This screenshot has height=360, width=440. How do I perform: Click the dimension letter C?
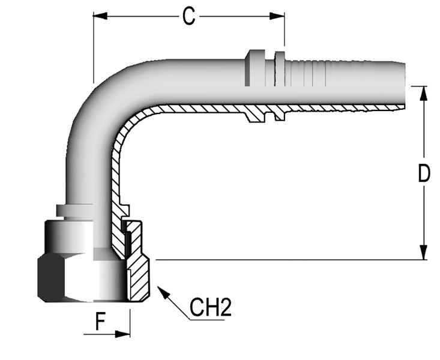click(x=188, y=16)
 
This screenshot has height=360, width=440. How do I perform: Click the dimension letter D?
click(x=424, y=173)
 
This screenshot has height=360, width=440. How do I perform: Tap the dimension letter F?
click(x=100, y=321)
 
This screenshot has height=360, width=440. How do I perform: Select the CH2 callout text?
click(x=211, y=308)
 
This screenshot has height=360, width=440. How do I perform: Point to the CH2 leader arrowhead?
click(x=164, y=292)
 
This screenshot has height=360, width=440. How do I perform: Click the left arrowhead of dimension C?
click(x=100, y=16)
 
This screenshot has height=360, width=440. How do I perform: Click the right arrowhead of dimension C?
click(x=277, y=16)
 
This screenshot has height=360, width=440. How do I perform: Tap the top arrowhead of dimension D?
click(x=424, y=93)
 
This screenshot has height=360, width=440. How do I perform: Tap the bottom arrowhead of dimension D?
click(x=424, y=253)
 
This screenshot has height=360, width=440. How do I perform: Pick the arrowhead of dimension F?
click(x=122, y=334)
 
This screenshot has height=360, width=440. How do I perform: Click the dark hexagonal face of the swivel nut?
click(x=51, y=277)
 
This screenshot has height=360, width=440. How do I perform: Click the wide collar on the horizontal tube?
click(x=255, y=68)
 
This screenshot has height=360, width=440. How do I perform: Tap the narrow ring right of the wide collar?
click(x=280, y=68)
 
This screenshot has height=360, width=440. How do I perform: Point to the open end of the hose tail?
click(x=403, y=84)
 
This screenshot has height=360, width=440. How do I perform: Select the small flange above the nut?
click(x=74, y=211)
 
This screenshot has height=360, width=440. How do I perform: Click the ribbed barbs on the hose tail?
click(x=306, y=74)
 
